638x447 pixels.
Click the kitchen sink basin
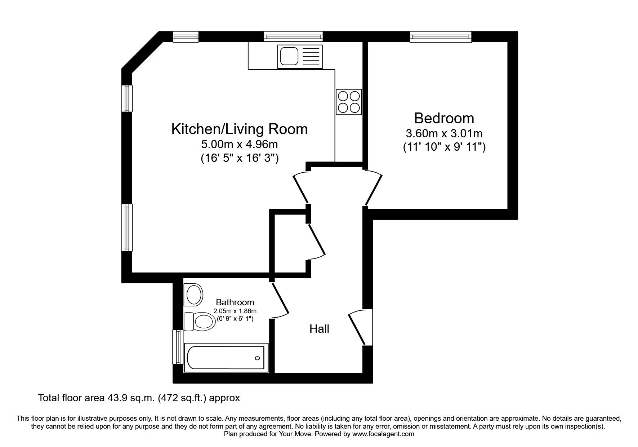288,56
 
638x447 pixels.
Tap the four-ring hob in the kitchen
349,102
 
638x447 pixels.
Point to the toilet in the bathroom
199,321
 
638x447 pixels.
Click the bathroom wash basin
193,295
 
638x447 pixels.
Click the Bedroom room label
444,118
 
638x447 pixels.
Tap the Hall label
319,329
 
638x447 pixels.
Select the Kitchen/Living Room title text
239,129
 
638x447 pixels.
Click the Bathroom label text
235,302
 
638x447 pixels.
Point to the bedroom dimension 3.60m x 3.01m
444,134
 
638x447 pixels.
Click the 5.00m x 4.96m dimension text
239,145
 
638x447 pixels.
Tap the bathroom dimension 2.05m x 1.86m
235,311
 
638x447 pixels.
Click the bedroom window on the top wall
440,36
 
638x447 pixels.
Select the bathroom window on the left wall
177,347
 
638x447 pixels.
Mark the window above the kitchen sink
293,36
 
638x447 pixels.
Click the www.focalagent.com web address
383,434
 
